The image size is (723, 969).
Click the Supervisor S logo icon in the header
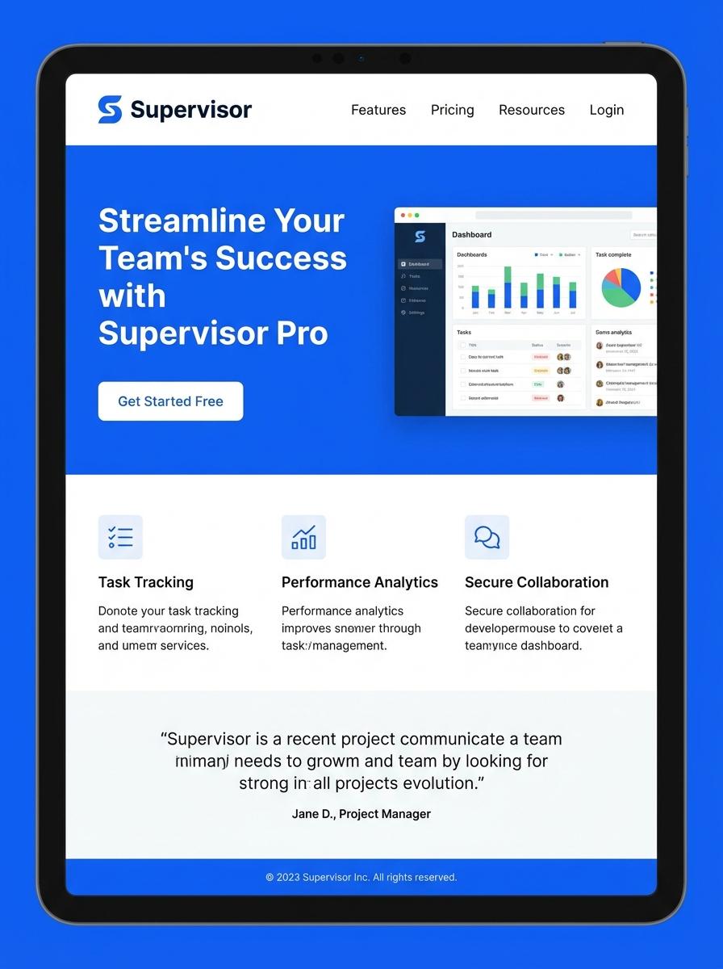tap(110, 110)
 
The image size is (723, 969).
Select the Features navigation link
tap(378, 110)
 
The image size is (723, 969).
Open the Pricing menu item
tap(452, 110)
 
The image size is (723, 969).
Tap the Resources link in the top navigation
tap(532, 110)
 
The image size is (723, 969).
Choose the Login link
tap(606, 110)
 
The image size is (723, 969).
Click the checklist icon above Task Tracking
tap(120, 537)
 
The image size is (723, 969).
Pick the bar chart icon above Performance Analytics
tap(303, 537)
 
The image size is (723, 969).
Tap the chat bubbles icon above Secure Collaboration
tap(487, 537)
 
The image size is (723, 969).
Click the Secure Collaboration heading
tap(537, 582)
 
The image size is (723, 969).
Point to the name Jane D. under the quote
tap(312, 814)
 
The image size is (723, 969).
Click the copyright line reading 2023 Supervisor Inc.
tap(361, 877)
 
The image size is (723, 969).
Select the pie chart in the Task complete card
tap(621, 287)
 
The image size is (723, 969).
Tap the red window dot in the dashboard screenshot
tap(402, 216)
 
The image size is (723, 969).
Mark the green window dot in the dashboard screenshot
tap(416, 216)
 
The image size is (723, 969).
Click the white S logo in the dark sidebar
tap(420, 236)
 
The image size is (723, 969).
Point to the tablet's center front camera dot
tap(361, 58)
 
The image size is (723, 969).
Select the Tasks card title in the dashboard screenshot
tap(464, 332)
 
